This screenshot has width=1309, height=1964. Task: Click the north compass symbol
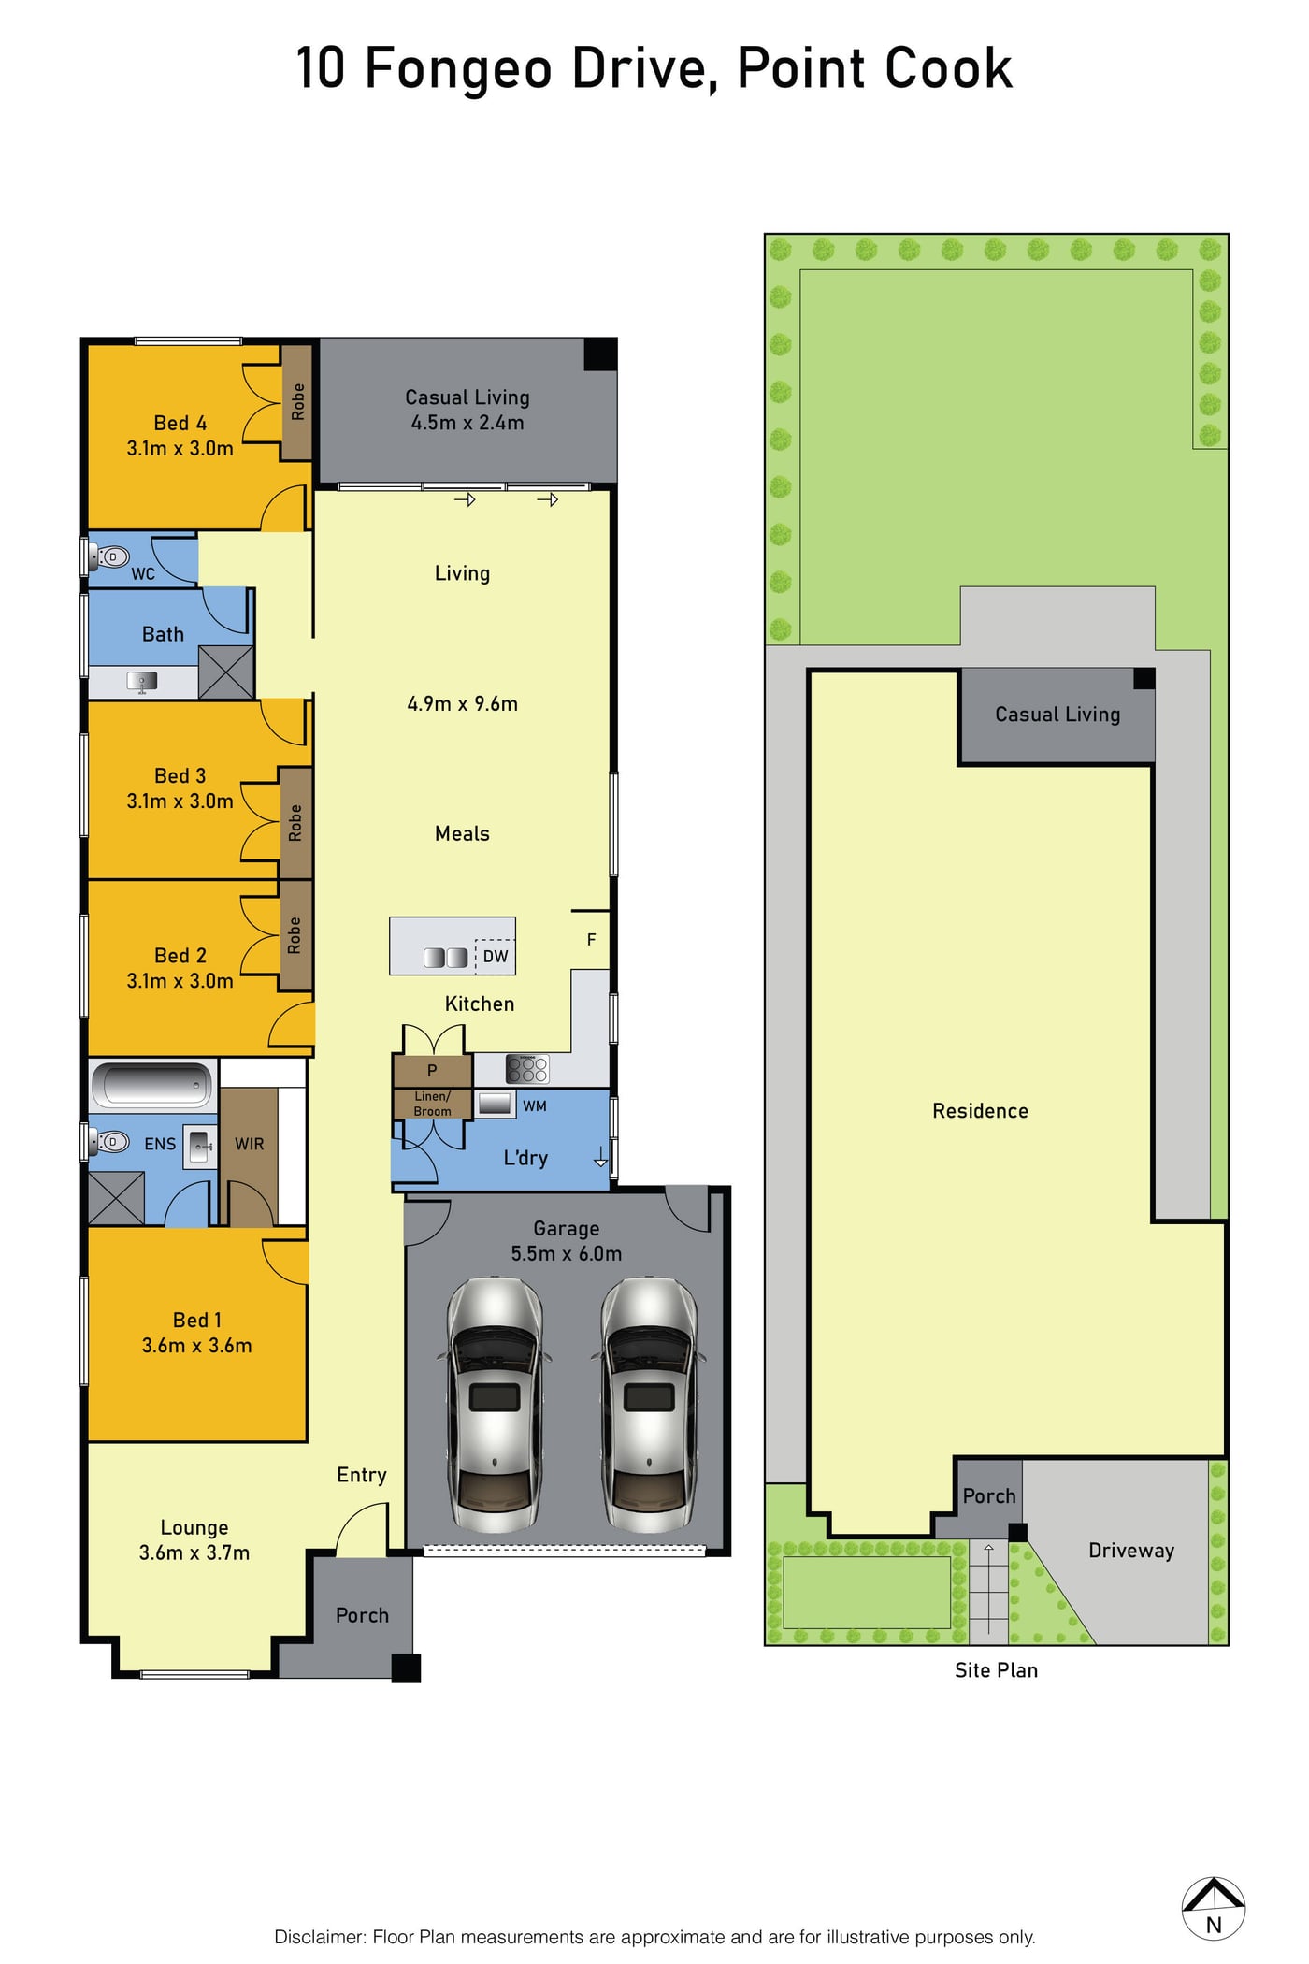click(1213, 1909)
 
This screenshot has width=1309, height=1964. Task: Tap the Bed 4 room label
click(180, 424)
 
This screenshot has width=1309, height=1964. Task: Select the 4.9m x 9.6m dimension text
click(462, 703)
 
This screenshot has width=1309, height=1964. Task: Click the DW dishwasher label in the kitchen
click(496, 956)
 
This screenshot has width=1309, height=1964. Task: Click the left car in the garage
click(495, 1403)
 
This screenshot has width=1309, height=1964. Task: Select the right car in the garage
click(649, 1403)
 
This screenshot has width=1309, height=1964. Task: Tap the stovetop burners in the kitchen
click(526, 1068)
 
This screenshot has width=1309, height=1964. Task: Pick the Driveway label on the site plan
click(1131, 1550)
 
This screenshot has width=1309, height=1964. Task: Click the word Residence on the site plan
click(980, 1110)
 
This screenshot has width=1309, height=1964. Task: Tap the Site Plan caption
click(996, 1669)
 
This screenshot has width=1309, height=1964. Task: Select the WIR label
click(249, 1144)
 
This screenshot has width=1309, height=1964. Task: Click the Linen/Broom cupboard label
click(432, 1104)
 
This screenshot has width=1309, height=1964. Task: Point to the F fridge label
click(591, 939)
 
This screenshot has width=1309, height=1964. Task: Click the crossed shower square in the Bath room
click(226, 672)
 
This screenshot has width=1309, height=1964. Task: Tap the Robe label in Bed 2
click(295, 935)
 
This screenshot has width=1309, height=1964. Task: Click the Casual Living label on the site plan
click(1057, 715)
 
